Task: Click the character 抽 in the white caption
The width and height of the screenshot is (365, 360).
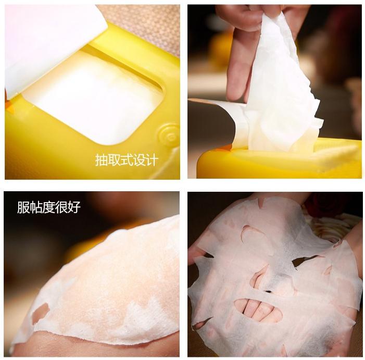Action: tap(102, 160)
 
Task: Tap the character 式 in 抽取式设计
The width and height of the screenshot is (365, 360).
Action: tap(127, 160)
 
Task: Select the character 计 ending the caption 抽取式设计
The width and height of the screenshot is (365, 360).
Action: tap(152, 160)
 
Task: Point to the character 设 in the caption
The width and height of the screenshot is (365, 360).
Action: tap(139, 160)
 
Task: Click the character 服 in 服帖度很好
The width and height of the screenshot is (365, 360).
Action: tap(23, 207)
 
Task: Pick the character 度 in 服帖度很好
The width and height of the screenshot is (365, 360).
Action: tap(48, 207)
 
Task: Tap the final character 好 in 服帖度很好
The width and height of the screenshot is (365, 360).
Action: tap(74, 207)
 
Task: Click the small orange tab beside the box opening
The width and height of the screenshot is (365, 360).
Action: tap(9, 106)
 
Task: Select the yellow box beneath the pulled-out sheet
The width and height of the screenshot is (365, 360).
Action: tap(279, 160)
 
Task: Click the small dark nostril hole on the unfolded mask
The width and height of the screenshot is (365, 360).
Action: tap(269, 291)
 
